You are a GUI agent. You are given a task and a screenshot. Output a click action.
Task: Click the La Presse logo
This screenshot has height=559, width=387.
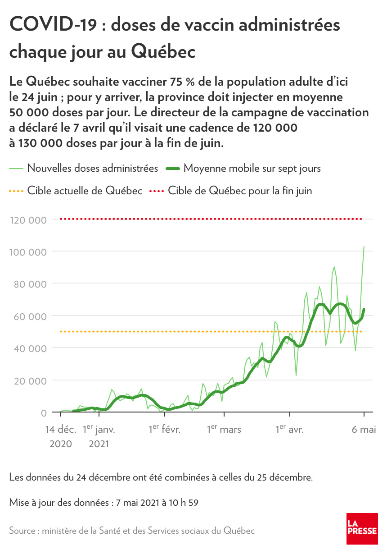(x=362, y=528)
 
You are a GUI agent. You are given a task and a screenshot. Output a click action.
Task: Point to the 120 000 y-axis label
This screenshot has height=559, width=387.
(x=27, y=220)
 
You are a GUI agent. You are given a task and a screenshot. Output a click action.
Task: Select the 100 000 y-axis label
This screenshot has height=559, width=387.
(x=27, y=252)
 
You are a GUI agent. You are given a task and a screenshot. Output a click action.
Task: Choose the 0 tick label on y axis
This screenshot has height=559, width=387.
(x=44, y=413)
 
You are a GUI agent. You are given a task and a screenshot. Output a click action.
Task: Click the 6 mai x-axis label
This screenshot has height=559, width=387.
(x=364, y=430)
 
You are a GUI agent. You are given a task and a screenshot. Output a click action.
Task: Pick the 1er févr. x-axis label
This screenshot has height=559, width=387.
(x=165, y=430)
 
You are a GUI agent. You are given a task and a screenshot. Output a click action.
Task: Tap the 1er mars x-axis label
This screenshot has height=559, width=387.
(x=224, y=430)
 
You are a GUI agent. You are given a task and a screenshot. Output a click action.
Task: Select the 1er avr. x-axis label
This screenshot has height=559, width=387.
(x=290, y=430)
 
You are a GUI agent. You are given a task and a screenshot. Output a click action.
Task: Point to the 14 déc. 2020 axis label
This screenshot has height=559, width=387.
(x=61, y=436)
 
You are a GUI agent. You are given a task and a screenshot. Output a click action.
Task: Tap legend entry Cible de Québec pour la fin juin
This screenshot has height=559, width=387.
(x=240, y=191)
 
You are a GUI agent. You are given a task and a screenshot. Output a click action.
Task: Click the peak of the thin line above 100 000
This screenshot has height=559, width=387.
(x=364, y=247)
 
